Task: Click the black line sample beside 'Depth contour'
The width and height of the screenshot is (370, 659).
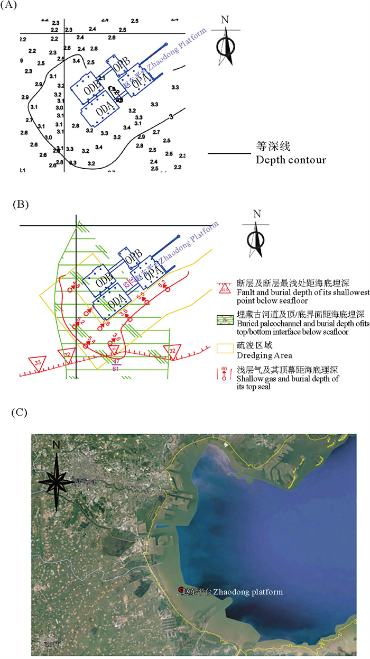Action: pos(228,154)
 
